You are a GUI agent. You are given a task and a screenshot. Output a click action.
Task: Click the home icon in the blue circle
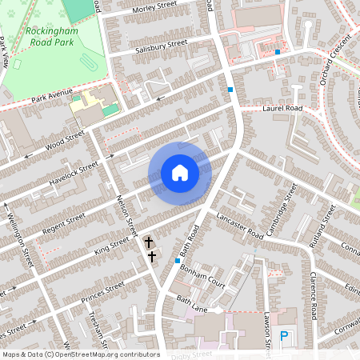179,172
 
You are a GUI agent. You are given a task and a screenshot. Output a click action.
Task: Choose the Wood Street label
65,143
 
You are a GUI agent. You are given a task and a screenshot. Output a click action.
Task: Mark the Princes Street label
102,287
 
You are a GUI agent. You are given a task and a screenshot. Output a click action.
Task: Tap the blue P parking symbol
283,338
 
